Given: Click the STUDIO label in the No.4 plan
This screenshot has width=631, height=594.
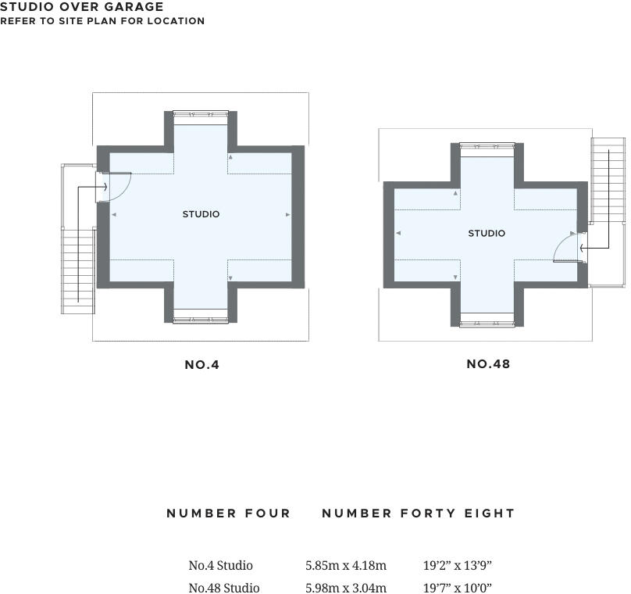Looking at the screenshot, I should coord(201,214).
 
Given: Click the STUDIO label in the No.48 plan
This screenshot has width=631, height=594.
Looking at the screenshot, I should coord(487,234).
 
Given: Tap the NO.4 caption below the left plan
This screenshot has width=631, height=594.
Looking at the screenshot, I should coord(201,364).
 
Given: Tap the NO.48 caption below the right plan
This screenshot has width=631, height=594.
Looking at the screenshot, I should coord(488,364).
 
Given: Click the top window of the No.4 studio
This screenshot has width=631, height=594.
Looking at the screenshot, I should coord(201,116).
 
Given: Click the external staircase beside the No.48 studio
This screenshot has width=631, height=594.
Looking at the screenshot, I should coord(608,180).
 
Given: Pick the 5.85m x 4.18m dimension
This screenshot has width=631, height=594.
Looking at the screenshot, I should coord(345,565).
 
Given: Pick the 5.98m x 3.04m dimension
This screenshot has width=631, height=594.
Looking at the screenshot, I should coord(345,588).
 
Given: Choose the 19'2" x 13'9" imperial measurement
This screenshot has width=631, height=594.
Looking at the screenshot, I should coord(458,565).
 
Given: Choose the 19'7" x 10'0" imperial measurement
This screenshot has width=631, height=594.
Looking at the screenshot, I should coord(458,588).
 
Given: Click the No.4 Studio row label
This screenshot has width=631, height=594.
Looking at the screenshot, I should coord(220,565).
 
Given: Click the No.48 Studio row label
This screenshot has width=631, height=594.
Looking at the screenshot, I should coord(223,588).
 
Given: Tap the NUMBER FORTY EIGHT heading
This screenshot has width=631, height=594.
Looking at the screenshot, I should coord(419,513).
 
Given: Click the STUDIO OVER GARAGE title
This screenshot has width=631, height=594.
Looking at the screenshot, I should coord(82,7).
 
